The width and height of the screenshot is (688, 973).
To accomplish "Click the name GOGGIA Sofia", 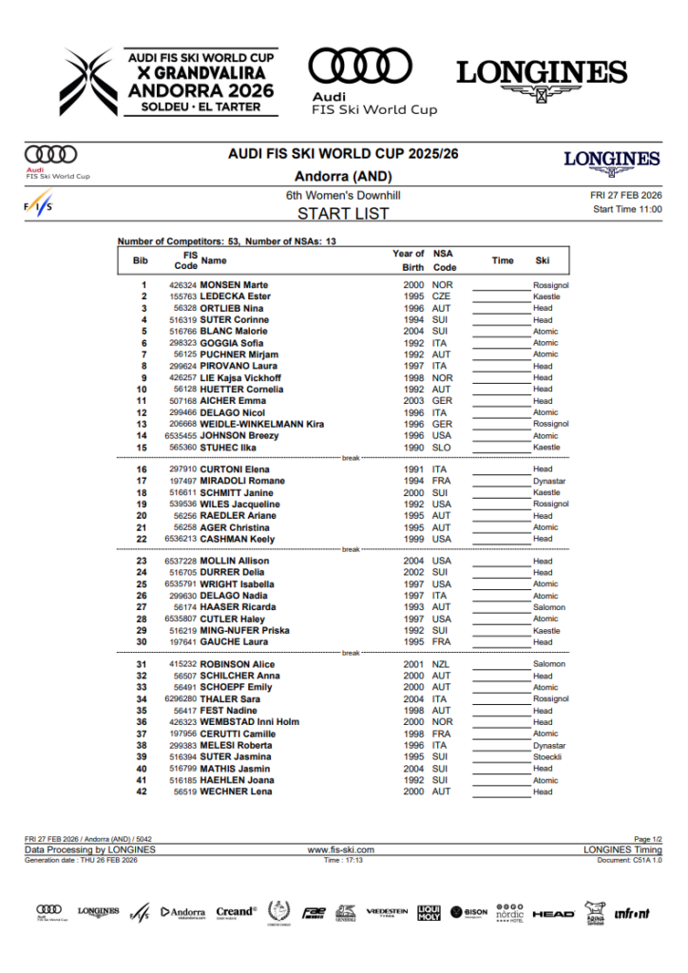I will tap(232, 343).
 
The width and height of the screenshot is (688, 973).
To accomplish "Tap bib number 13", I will tap(143, 424).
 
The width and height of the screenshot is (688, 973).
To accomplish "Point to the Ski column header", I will tap(543, 259).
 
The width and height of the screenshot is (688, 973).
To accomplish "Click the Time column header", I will tap(503, 259).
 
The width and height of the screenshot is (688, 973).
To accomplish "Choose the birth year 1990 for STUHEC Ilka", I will tap(412, 447).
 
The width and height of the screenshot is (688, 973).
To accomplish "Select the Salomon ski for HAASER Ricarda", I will tap(548, 607).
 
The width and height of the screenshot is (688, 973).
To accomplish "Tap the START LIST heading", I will tap(343, 214).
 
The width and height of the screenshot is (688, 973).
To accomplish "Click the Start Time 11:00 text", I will tap(627, 209).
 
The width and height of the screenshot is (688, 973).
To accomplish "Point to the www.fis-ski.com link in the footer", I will tap(340, 849).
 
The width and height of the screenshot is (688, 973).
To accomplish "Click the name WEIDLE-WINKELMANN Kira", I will tap(262, 424).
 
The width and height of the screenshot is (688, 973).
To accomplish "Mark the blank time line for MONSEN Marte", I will tap(501, 286).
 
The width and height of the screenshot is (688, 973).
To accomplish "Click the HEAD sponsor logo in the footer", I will tap(553, 913).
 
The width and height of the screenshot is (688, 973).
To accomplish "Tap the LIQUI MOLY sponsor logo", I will tap(430, 913).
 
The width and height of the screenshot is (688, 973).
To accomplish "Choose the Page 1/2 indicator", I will tap(642, 840).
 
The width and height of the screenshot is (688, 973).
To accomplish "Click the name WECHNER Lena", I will tap(236, 792).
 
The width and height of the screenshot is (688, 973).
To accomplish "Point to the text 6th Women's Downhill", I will tap(343, 195).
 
